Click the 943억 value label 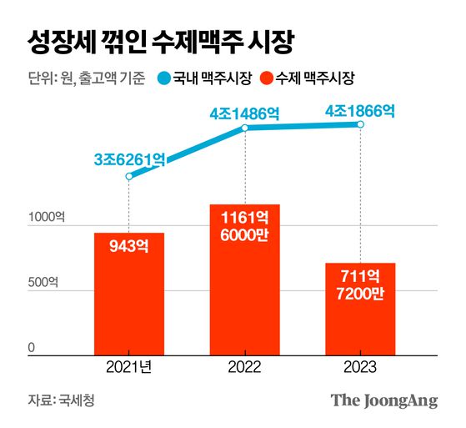click(128, 248)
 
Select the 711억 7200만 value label click(360, 284)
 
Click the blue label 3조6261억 click(129, 157)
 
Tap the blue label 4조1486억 click(246, 112)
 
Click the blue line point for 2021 click(129, 176)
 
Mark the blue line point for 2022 click(245, 128)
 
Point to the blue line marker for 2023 click(360, 124)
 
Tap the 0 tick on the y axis click(31, 347)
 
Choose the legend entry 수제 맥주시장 click(308, 79)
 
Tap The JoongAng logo click(383, 400)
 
